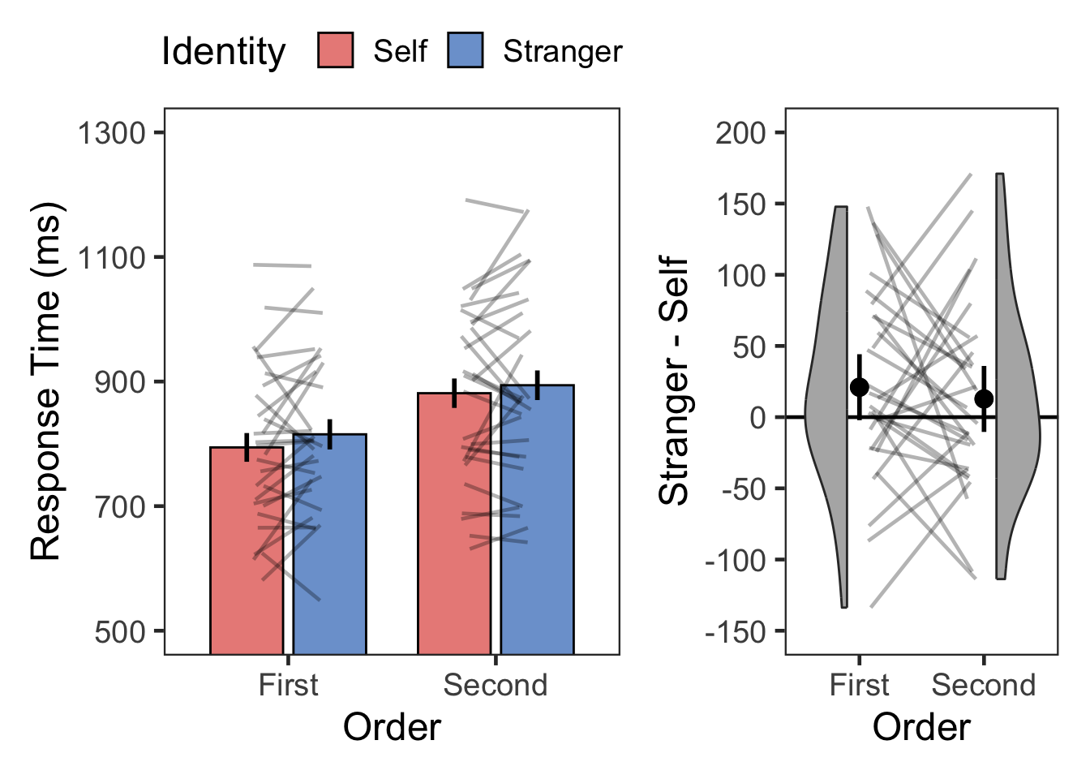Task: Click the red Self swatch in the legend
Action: pos(335,50)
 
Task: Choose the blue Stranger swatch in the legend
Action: pos(465,50)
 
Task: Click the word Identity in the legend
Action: pos(223,52)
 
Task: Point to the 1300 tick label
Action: pos(111,133)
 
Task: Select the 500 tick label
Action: pos(119,631)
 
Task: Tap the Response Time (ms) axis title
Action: pos(46,381)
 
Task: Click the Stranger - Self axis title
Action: pos(674,381)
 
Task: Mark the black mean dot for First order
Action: pos(860,387)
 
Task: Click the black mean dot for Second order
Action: pos(984,398)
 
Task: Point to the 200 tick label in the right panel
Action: pos(740,132)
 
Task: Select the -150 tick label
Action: pos(735,631)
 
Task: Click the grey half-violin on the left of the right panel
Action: pos(831,406)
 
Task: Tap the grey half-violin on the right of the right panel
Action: pos(1014,406)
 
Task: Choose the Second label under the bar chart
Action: pos(495,686)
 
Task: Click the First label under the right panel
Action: pos(859,686)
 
